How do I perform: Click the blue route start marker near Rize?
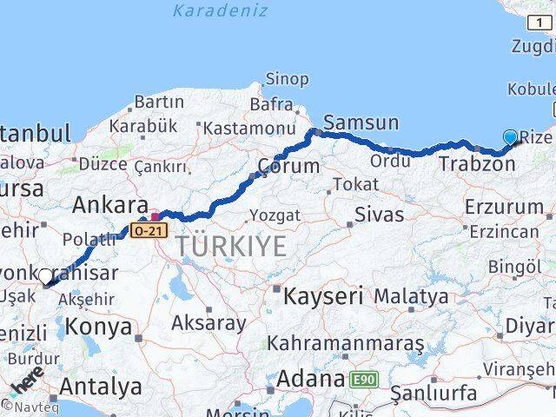[x=510, y=137]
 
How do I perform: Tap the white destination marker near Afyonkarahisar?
[x=45, y=277]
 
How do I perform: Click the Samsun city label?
[x=361, y=122]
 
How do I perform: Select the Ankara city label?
[x=110, y=206]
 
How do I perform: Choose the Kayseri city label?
[x=322, y=295]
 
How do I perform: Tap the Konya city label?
[x=100, y=327]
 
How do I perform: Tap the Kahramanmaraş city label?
[x=346, y=344]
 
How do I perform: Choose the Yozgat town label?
[x=275, y=215]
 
